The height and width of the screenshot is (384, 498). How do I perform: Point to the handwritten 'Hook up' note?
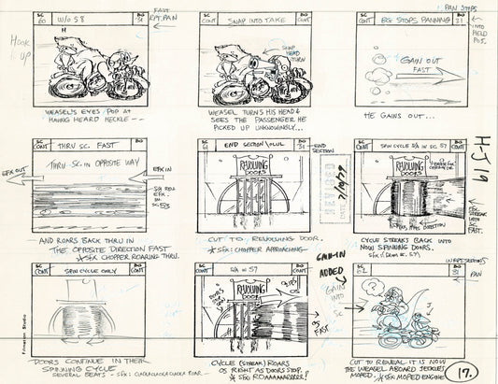[x=14, y=49]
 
